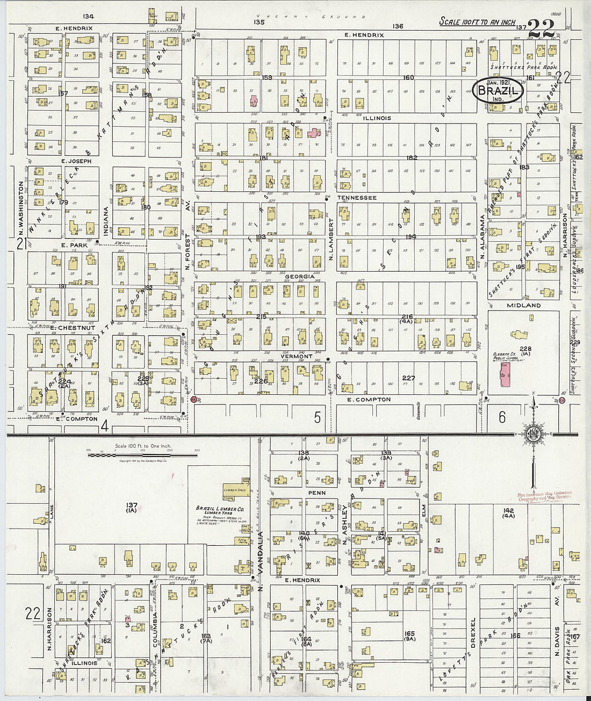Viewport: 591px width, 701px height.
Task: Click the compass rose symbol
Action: pyautogui.click(x=534, y=433)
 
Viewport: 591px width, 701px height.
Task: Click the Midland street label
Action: pyautogui.click(x=523, y=305)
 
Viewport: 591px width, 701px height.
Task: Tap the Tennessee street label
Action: pyautogui.click(x=357, y=198)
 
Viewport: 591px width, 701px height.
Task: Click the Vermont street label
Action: pyautogui.click(x=297, y=356)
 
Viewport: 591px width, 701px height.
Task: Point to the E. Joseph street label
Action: pyautogui.click(x=76, y=161)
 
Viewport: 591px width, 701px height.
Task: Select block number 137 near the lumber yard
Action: pyautogui.click(x=132, y=505)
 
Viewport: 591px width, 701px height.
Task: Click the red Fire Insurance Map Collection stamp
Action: pyautogui.click(x=544, y=498)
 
